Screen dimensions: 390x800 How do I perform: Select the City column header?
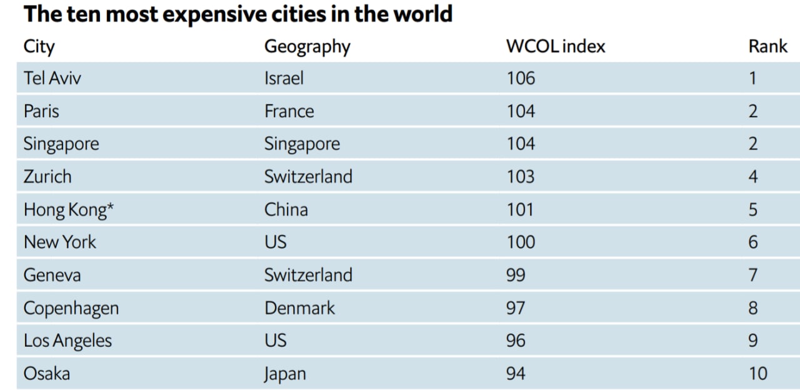coord(39,46)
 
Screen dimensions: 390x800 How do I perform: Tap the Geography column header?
coord(307,46)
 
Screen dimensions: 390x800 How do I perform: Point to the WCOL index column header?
coord(556,46)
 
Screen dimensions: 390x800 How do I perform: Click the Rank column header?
coord(767,46)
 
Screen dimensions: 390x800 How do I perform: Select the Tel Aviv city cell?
coord(52,78)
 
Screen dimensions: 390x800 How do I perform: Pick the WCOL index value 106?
coord(521,78)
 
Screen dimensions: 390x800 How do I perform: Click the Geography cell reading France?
coord(289,111)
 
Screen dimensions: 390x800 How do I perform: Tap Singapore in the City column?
coord(61,144)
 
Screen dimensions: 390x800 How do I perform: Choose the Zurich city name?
coord(47,177)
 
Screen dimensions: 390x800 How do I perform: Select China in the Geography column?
coord(286,209)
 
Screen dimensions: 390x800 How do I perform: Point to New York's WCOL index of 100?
coord(521,242)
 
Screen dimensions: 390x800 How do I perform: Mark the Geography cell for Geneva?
coord(308,275)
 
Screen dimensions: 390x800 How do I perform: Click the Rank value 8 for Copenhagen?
coord(753,308)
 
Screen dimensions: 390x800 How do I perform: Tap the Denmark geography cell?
coord(299,308)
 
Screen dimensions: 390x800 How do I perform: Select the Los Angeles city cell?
coord(67,341)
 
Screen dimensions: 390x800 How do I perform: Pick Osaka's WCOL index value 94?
coord(516,374)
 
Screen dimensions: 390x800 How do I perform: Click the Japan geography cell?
coord(285,374)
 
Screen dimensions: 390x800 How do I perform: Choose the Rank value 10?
coord(757,374)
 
